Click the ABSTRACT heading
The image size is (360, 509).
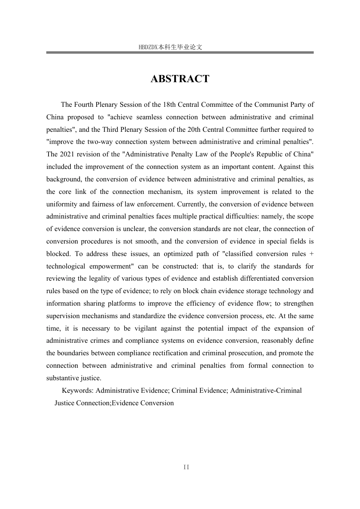(180, 79)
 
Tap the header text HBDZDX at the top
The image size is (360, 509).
(148, 47)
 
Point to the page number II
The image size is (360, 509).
(186, 467)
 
